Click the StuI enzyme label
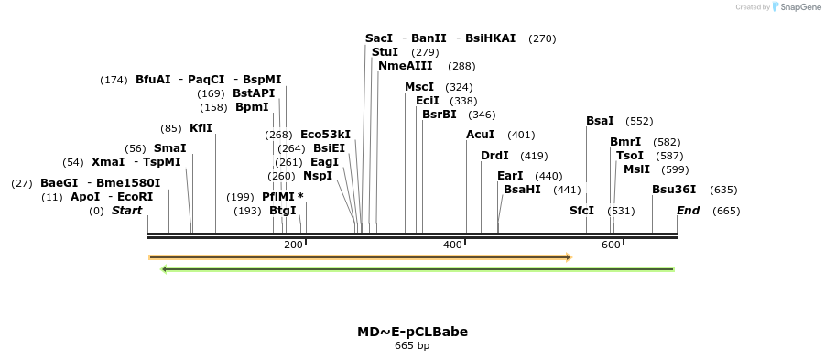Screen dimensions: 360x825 click(385, 52)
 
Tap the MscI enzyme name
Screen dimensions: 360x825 click(419, 87)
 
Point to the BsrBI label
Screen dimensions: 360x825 click(439, 115)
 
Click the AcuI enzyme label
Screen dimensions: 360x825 click(480, 135)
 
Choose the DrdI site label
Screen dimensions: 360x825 click(494, 156)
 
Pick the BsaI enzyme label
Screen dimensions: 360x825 click(600, 121)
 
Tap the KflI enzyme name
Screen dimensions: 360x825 click(201, 128)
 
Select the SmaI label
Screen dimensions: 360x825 click(169, 148)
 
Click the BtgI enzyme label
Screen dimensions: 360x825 click(282, 211)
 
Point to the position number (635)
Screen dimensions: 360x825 click(723, 191)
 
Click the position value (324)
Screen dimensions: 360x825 click(459, 88)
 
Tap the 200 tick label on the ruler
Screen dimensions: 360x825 click(293, 245)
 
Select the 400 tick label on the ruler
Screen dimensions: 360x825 click(452, 245)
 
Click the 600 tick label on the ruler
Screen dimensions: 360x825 click(611, 245)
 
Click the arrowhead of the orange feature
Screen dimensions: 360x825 click(569, 257)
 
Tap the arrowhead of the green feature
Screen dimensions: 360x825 click(164, 269)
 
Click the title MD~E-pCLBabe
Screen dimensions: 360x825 click(412, 332)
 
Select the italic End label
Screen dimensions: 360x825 click(688, 211)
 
